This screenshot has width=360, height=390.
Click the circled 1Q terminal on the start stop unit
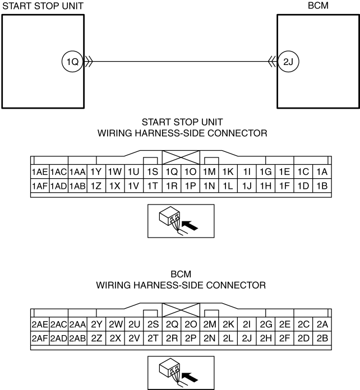click(x=72, y=62)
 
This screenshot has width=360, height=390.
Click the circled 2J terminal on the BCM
click(x=288, y=62)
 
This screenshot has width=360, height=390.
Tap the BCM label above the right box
click(x=318, y=6)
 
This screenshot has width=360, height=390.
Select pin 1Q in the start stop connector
click(x=172, y=171)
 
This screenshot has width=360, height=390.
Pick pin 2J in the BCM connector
click(x=247, y=338)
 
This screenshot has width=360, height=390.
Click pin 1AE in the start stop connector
click(x=40, y=171)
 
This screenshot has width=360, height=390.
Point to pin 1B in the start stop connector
click(x=322, y=186)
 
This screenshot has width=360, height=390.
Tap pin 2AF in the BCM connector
click(x=40, y=338)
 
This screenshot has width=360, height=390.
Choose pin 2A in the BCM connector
click(x=322, y=324)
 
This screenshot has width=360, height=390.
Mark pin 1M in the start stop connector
click(x=209, y=171)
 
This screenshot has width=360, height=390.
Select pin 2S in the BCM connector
click(x=153, y=324)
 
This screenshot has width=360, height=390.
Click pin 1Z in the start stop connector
click(x=96, y=186)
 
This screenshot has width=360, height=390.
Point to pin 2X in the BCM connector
click(x=115, y=338)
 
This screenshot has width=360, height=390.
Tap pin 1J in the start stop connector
click(x=247, y=186)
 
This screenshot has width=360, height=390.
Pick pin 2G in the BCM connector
click(x=266, y=324)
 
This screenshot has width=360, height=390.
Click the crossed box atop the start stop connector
click(x=181, y=157)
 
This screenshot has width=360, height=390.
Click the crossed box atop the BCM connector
click(x=181, y=310)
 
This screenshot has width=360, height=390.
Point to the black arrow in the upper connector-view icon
click(x=190, y=225)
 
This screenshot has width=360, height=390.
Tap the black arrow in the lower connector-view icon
click(x=190, y=377)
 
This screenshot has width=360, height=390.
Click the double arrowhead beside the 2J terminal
click(x=273, y=62)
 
